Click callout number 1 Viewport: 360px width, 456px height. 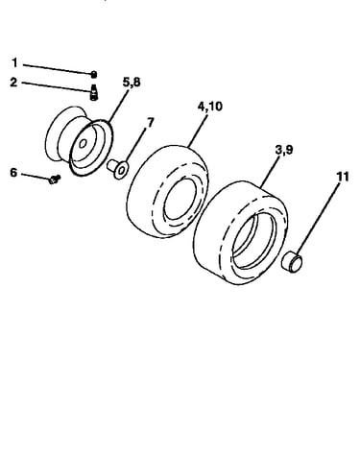(14, 62)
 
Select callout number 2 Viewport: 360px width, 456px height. (13, 83)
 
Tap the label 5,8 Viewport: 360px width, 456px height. (132, 83)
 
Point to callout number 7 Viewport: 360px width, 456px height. (150, 122)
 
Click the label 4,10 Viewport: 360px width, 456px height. (210, 107)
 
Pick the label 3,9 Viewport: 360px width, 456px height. (284, 150)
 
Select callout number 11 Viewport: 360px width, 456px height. (343, 177)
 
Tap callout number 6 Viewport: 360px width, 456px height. (13, 173)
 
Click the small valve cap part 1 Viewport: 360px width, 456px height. (94, 75)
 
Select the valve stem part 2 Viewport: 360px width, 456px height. (94, 92)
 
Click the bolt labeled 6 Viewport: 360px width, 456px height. (54, 180)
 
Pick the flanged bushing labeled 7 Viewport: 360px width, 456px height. (118, 168)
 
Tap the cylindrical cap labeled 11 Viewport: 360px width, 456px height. (292, 262)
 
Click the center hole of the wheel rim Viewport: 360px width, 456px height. (83, 143)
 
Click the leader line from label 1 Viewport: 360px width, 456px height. (58, 69)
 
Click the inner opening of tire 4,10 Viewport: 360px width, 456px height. (180, 200)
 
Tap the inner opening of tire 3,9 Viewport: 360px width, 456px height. (254, 237)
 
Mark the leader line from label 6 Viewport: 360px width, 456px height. (36, 177)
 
